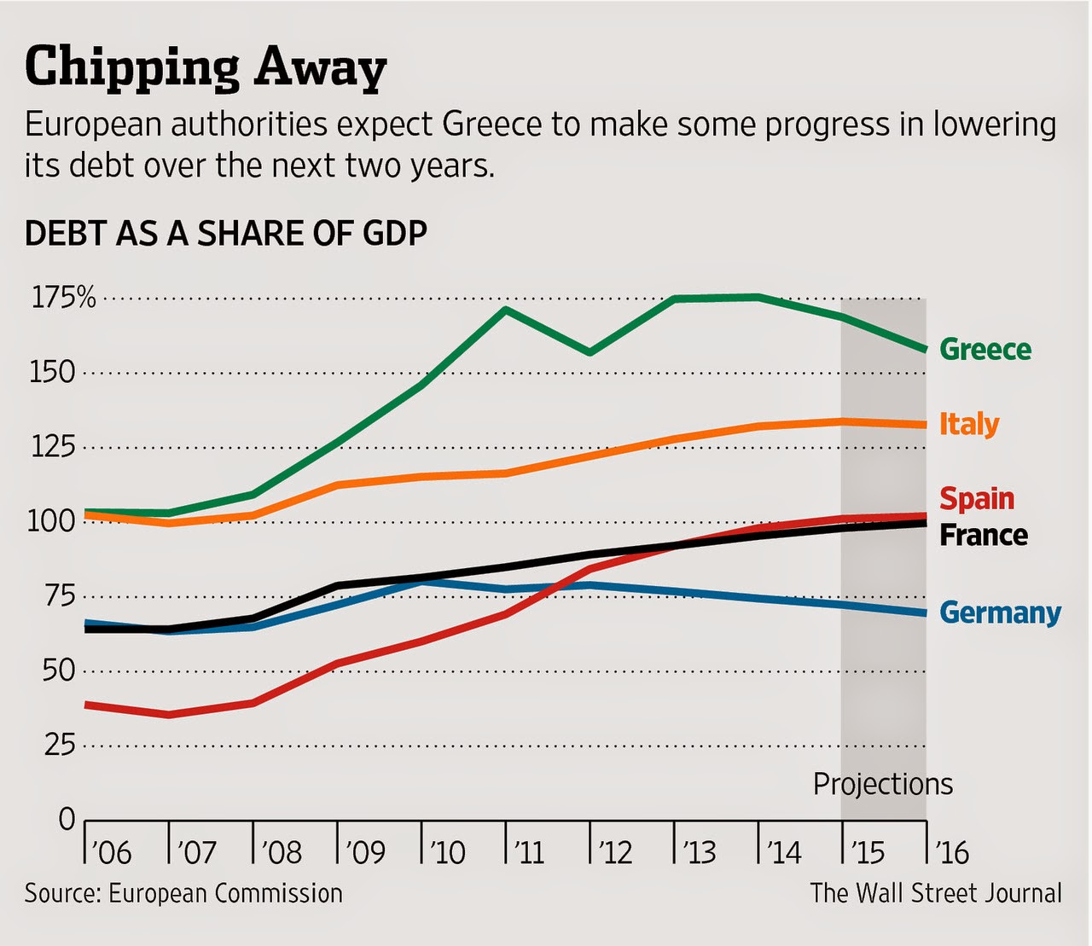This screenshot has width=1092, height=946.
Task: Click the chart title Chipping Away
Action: [x=206, y=68]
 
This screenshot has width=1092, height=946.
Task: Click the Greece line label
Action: [x=985, y=349]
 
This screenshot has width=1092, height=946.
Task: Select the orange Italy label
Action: [x=969, y=425]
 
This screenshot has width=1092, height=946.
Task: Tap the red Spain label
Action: [x=977, y=499]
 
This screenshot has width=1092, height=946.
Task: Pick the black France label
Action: [x=984, y=535]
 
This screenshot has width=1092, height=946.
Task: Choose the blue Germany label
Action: [x=1001, y=613]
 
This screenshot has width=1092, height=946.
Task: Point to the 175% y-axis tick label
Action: [x=64, y=298]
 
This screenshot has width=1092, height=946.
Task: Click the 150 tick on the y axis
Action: [x=52, y=373]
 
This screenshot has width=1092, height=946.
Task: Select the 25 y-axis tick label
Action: [x=60, y=746]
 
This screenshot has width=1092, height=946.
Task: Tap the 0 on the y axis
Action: [x=67, y=821]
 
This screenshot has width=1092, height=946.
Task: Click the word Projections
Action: [x=883, y=785]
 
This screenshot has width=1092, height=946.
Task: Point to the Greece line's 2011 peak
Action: [x=506, y=309]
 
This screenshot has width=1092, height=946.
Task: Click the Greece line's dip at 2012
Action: [x=590, y=352]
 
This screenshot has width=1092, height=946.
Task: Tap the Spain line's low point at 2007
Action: [x=169, y=714]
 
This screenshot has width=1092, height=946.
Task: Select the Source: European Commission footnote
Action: [x=184, y=894]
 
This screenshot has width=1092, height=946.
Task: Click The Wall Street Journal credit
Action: [x=936, y=894]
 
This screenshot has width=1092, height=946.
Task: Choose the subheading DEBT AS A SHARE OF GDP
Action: [x=226, y=233]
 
